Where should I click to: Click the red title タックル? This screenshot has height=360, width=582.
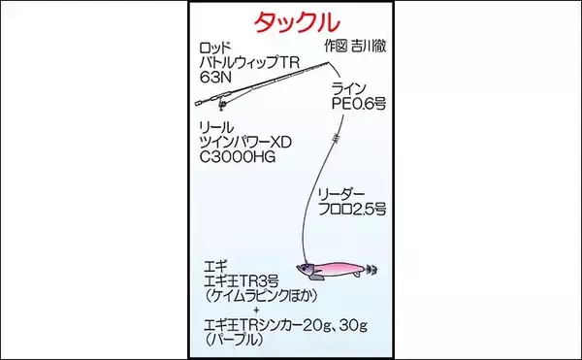pyautogui.click(x=292, y=21)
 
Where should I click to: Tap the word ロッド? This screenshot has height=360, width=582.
pyautogui.click(x=216, y=47)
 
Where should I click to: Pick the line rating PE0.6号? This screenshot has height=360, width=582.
pyautogui.click(x=356, y=103)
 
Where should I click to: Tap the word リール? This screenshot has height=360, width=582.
pyautogui.click(x=215, y=127)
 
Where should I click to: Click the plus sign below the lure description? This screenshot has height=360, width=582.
pyautogui.click(x=254, y=310)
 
